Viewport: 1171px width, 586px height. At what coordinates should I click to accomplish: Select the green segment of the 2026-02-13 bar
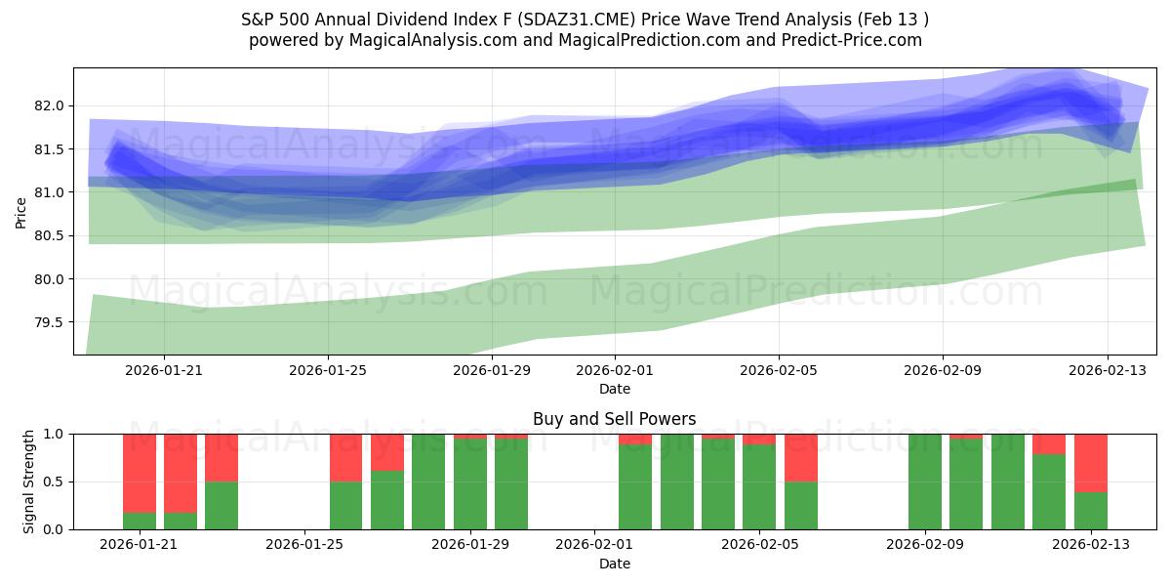point(1090,511)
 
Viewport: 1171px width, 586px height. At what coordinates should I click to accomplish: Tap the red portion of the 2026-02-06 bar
point(801,457)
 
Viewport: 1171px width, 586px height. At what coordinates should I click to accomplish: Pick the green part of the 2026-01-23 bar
point(222,505)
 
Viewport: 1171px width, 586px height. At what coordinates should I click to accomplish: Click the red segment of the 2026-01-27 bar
point(387,452)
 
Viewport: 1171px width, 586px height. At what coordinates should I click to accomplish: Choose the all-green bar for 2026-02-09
point(925,481)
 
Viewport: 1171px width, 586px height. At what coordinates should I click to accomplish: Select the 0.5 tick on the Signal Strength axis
point(53,481)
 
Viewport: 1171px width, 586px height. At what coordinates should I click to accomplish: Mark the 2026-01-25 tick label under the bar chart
point(305,545)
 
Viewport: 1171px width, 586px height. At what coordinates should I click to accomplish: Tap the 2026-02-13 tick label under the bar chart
point(1090,545)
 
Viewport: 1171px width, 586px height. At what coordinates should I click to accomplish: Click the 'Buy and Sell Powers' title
point(614,419)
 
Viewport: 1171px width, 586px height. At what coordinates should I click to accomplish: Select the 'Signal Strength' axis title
point(29,481)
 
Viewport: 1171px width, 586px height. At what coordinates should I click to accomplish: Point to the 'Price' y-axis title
point(21,212)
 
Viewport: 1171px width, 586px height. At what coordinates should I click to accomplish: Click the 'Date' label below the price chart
point(614,389)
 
